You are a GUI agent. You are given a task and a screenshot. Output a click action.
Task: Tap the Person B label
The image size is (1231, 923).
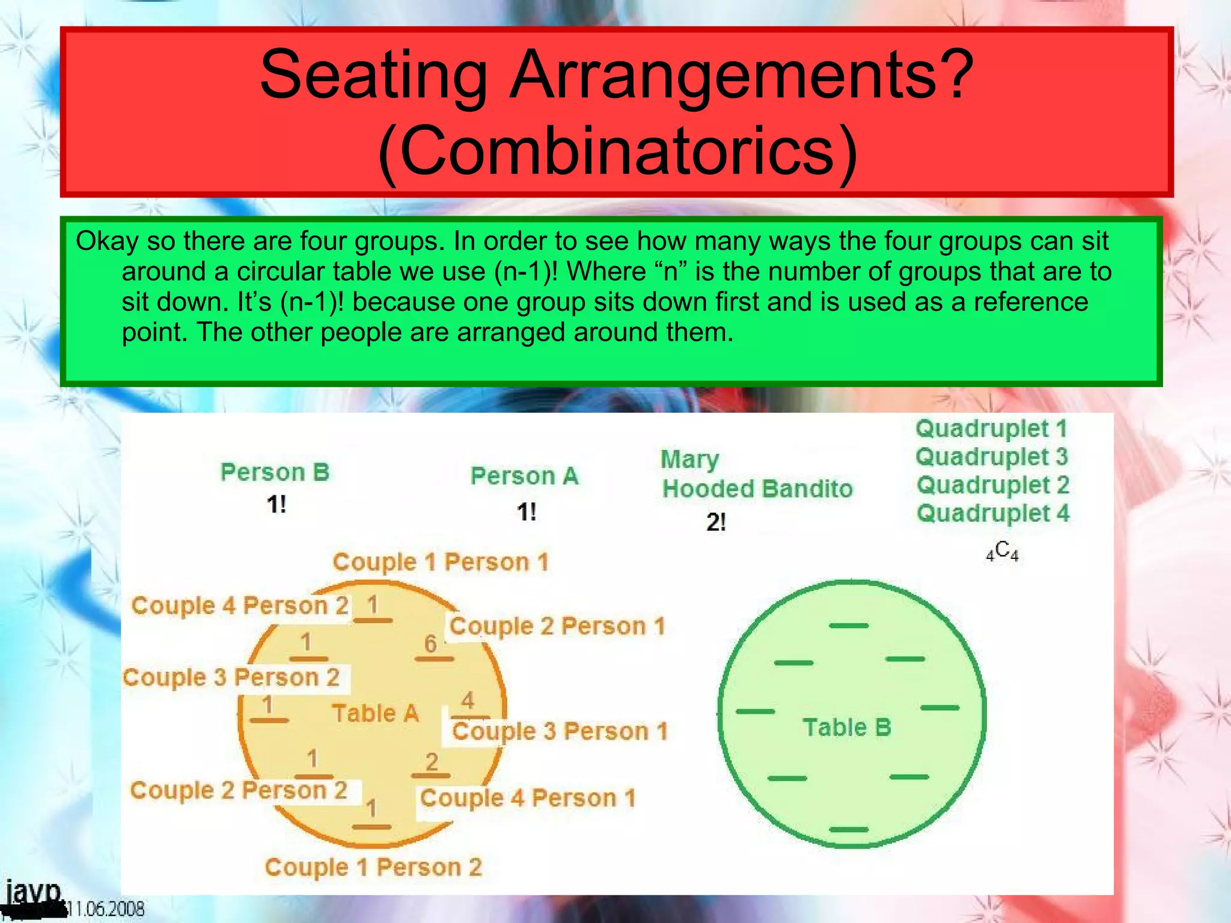(x=275, y=472)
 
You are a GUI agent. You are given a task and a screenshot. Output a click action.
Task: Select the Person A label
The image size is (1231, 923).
(x=525, y=476)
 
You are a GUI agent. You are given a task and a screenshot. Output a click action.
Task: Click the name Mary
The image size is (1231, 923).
(x=689, y=460)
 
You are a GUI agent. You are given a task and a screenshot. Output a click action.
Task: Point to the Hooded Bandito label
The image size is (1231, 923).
(x=757, y=489)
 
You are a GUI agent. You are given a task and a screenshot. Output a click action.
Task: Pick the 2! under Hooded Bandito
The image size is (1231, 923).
(x=716, y=523)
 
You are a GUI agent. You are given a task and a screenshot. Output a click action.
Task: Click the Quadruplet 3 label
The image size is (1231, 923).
(x=992, y=457)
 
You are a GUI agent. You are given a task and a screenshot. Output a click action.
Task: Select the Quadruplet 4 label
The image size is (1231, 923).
(x=993, y=513)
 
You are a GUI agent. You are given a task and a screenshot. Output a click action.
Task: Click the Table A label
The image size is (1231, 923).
(x=375, y=713)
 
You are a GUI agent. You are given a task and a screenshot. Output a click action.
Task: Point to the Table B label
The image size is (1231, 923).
(x=847, y=728)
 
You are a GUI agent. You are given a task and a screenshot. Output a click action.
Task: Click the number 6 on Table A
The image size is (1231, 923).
(x=430, y=644)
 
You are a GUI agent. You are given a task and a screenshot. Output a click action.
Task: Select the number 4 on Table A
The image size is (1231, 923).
(x=468, y=701)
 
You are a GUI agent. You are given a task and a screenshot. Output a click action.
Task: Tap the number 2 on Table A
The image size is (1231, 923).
(x=432, y=762)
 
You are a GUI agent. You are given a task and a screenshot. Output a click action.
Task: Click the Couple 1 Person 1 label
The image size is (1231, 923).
(x=441, y=562)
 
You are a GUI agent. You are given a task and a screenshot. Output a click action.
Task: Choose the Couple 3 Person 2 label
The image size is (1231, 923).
(x=231, y=677)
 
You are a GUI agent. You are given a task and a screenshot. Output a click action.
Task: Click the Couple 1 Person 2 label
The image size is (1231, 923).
(x=373, y=867)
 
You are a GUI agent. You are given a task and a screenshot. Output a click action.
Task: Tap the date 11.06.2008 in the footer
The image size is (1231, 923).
(x=106, y=909)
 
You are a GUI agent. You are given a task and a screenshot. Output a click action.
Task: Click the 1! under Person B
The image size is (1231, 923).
(x=276, y=505)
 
